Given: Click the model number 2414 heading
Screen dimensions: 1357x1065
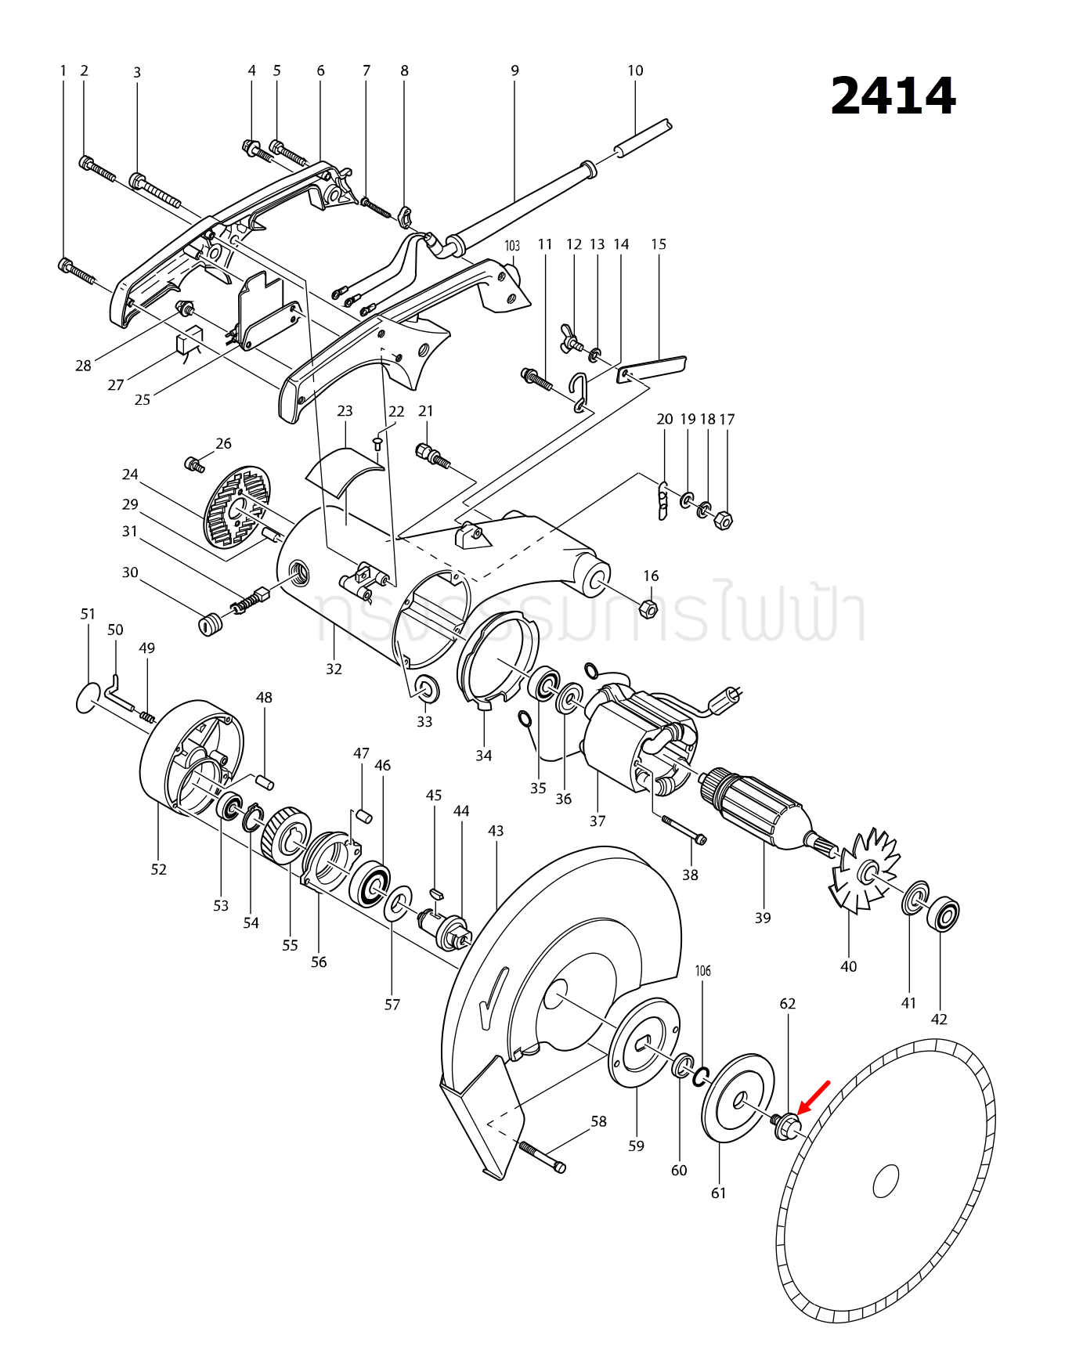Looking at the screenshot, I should [x=893, y=96].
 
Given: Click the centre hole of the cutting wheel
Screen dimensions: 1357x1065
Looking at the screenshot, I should [x=886, y=1181].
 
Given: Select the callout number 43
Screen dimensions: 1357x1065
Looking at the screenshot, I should [x=496, y=831].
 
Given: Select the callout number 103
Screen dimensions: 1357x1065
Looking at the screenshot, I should [x=512, y=246].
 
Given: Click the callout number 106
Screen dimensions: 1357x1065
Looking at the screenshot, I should [x=703, y=971].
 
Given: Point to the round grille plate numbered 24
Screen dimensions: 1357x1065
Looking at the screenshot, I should [x=236, y=507].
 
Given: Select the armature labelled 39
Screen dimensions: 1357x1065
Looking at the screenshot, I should [x=756, y=810].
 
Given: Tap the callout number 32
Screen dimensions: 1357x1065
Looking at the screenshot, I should [x=334, y=669].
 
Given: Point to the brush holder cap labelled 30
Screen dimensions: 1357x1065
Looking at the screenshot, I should [x=208, y=625].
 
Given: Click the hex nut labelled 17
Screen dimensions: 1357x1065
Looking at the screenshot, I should [x=724, y=520].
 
